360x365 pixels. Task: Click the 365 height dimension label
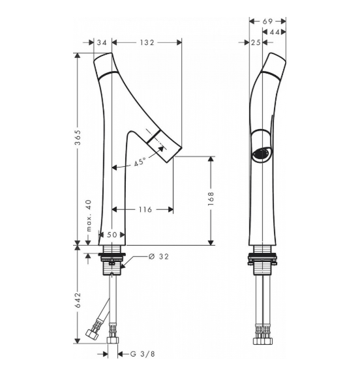pos(78,138)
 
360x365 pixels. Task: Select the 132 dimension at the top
pos(147,42)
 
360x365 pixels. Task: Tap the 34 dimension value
pos(102,42)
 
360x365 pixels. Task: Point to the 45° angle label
pos(140,162)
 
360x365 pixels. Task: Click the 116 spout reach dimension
pos(145,209)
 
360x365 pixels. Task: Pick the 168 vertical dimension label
pos(211,199)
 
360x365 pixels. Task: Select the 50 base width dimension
pos(112,235)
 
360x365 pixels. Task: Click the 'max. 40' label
pos(89,215)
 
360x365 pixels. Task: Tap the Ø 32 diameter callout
pos(158,257)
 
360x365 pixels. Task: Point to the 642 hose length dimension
pos(78,300)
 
